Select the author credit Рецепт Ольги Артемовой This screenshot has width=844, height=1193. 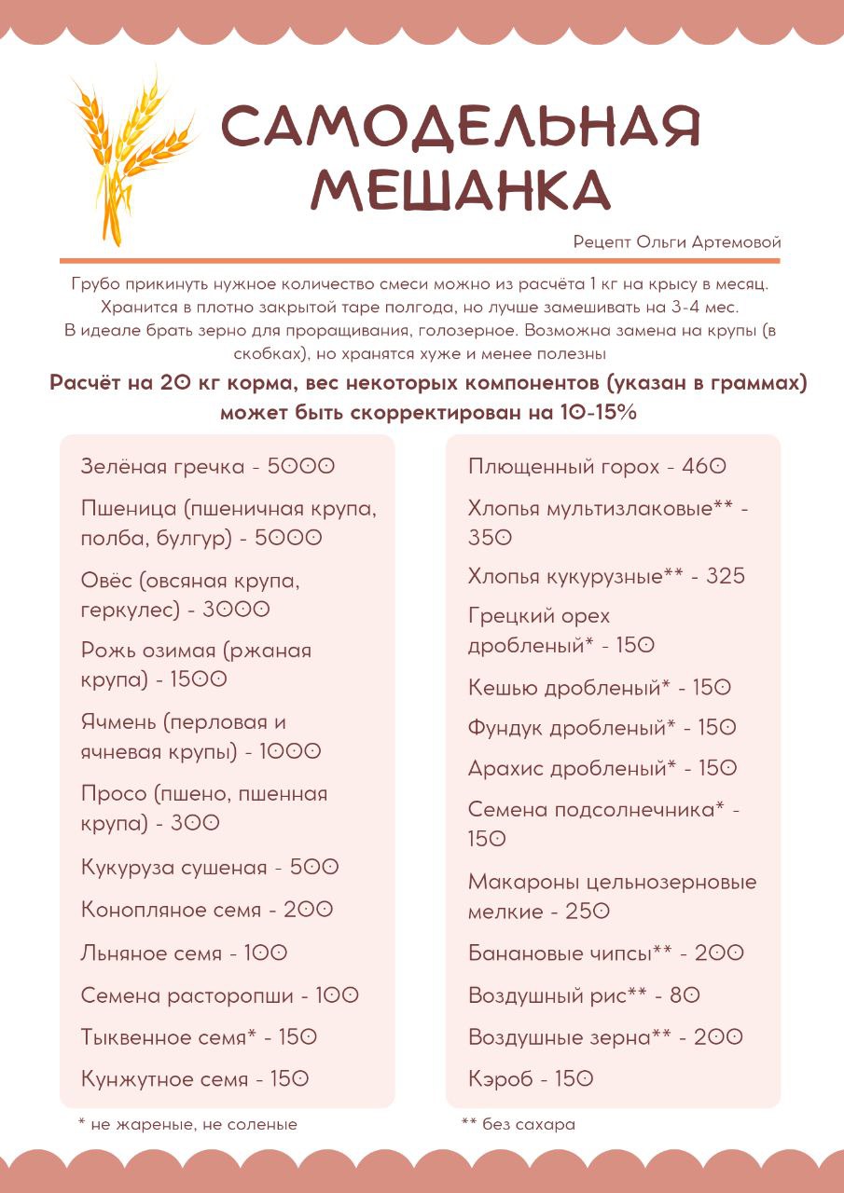pyautogui.click(x=677, y=242)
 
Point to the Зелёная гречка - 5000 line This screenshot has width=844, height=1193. pyautogui.click(x=207, y=466)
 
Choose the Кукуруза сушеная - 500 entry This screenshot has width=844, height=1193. pyautogui.click(x=210, y=867)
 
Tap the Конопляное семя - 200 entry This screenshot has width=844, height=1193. pyautogui.click(x=207, y=909)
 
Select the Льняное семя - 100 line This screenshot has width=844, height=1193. pyautogui.click(x=185, y=953)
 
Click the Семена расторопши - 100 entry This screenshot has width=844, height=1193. pyautogui.click(x=220, y=995)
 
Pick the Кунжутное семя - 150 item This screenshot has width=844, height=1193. pyautogui.click(x=195, y=1079)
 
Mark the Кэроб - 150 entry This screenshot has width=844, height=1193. pyautogui.click(x=531, y=1079)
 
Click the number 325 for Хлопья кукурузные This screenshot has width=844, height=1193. pyautogui.click(x=726, y=576)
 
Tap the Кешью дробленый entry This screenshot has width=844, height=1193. pyautogui.click(x=599, y=688)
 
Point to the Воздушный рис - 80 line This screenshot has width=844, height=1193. pyautogui.click(x=584, y=995)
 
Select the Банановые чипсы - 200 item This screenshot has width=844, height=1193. pyautogui.click(x=606, y=953)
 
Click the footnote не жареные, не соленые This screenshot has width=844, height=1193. pyautogui.click(x=188, y=1125)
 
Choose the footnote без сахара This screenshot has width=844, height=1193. pyautogui.click(x=519, y=1125)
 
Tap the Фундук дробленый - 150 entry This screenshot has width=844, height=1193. pyautogui.click(x=602, y=728)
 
